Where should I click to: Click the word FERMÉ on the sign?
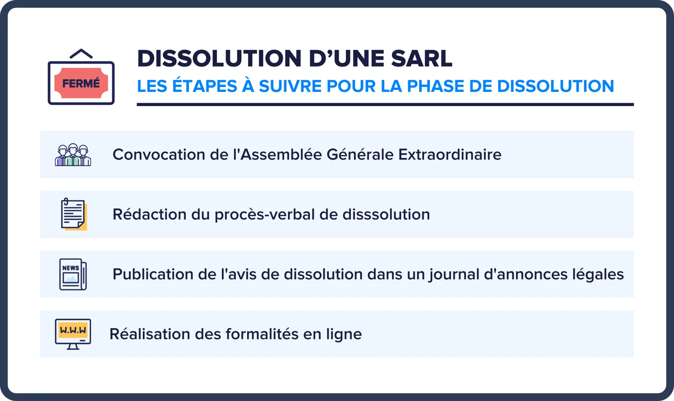pyautogui.click(x=81, y=83)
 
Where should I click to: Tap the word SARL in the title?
pyautogui.click(x=422, y=58)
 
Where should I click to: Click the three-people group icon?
pyautogui.click(x=73, y=155)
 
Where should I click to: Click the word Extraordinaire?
pyautogui.click(x=450, y=155)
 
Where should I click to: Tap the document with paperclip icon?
pyautogui.click(x=74, y=214)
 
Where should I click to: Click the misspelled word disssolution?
pyautogui.click(x=386, y=215)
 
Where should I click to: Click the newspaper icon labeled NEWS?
pyautogui.click(x=73, y=274)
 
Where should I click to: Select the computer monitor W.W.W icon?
pyautogui.click(x=73, y=334)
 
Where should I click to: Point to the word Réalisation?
pyautogui.click(x=149, y=334)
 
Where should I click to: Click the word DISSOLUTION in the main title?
pyautogui.click(x=219, y=58)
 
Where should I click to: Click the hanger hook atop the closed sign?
pyautogui.click(x=81, y=54)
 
